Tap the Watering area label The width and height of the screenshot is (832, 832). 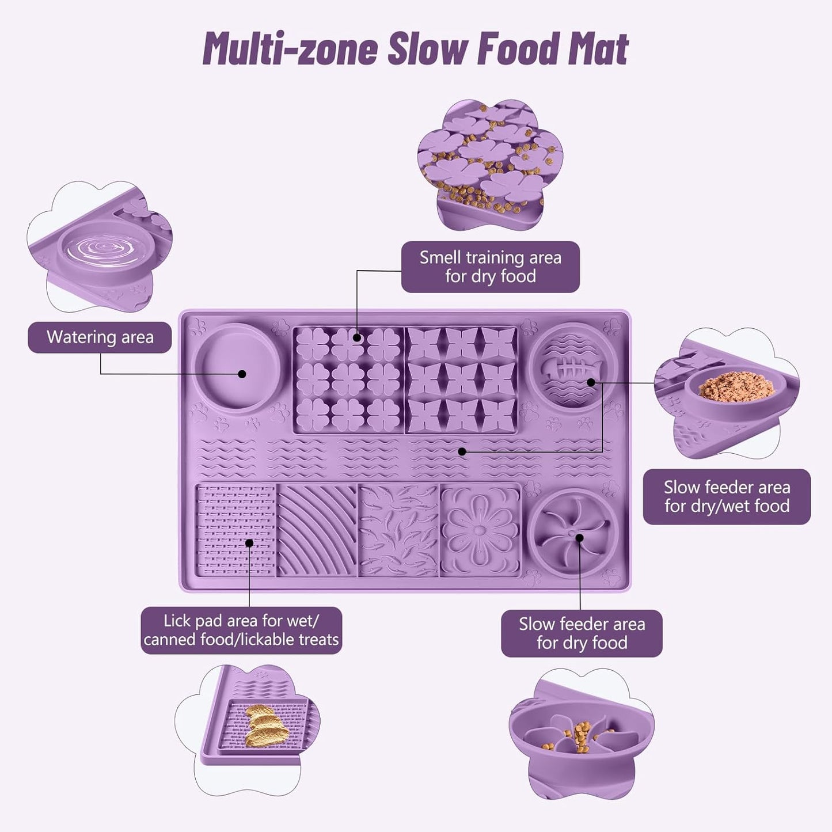(100, 337)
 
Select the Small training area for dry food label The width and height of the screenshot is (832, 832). (490, 267)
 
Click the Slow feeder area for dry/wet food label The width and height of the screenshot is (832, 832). (727, 496)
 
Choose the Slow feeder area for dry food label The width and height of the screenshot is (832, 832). (582, 633)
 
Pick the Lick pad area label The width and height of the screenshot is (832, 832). (241, 630)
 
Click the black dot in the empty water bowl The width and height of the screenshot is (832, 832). (242, 374)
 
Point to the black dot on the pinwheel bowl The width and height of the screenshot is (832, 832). (580, 538)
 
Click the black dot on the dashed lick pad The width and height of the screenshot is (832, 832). (249, 543)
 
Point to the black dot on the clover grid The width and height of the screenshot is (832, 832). (357, 337)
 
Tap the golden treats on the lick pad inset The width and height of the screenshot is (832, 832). (265, 727)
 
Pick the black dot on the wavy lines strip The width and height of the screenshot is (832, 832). (462, 452)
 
